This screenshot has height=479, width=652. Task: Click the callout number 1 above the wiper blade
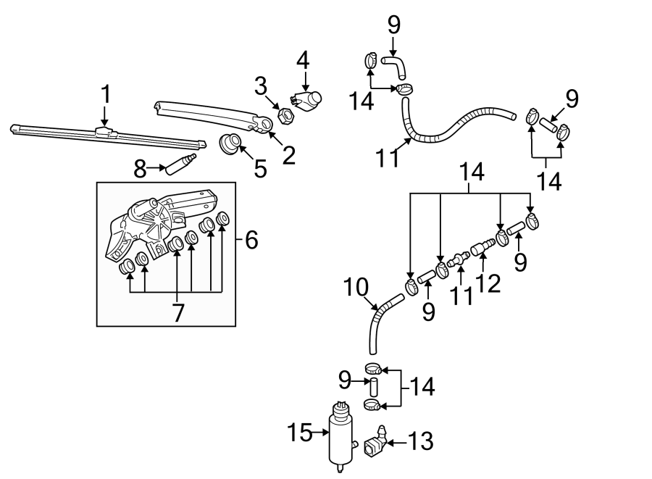click(x=106, y=94)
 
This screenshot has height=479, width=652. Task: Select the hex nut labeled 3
click(x=286, y=115)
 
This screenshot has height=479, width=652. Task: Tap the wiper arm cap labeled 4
click(x=308, y=101)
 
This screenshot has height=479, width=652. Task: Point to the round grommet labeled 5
click(x=230, y=143)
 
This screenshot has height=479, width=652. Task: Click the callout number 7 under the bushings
click(x=178, y=312)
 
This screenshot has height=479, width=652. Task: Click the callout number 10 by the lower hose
click(x=356, y=287)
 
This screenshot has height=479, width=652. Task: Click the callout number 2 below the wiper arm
click(x=288, y=155)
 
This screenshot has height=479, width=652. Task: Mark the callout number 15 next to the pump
click(x=299, y=433)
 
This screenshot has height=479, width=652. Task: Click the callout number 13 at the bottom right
click(x=420, y=441)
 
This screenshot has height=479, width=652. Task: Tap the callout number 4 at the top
click(x=303, y=60)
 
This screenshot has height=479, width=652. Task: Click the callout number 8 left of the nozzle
click(x=140, y=170)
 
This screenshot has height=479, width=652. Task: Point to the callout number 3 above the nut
click(x=261, y=86)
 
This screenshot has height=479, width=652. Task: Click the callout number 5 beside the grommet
click(x=260, y=168)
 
